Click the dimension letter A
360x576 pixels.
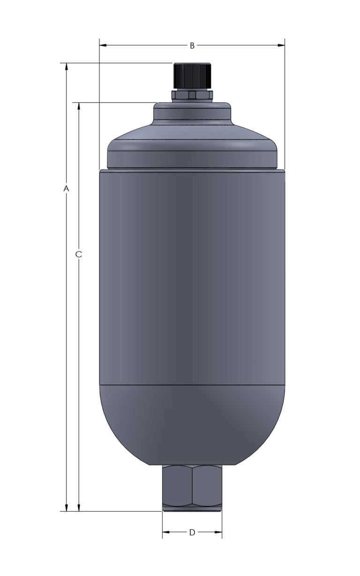point(67,188)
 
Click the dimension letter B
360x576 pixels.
point(192,45)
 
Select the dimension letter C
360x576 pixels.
point(79,254)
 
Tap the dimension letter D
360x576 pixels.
point(192,532)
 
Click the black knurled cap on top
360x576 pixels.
point(192,75)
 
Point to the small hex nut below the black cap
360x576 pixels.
point(192,95)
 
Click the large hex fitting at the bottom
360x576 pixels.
point(192,485)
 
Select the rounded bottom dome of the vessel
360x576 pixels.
point(192,424)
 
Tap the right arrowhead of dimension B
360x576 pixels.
point(281,45)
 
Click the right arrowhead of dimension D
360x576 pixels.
point(218,532)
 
